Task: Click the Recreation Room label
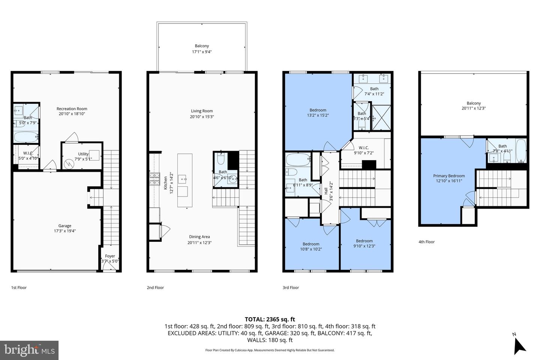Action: click(72, 109)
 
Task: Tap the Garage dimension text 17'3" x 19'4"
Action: click(64, 231)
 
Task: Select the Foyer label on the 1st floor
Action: click(110, 256)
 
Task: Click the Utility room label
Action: click(83, 154)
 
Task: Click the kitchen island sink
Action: click(184, 178)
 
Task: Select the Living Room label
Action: click(202, 111)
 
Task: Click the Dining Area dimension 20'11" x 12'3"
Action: click(199, 242)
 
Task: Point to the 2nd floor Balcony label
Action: click(202, 46)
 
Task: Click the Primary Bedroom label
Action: click(449, 176)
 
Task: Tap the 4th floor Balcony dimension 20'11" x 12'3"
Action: click(474, 108)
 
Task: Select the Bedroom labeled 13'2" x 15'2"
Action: click(318, 110)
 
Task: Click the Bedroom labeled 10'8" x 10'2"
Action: click(311, 244)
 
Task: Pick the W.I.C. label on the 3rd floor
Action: click(363, 148)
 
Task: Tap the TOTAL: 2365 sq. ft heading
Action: click(270, 319)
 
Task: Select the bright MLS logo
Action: click(29, 350)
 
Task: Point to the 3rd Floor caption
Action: click(291, 288)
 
